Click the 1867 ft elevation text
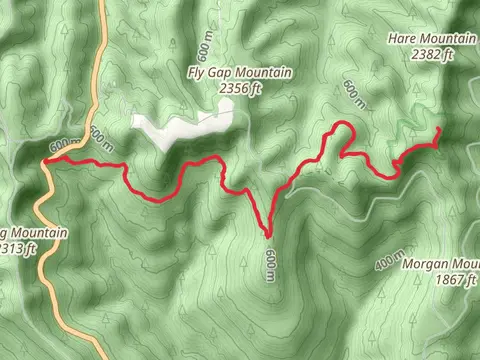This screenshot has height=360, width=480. [x=456, y=281]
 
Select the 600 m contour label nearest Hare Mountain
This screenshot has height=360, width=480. [x=352, y=90]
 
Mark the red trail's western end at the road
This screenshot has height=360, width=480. [x=46, y=159]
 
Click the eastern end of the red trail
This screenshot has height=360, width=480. [x=440, y=131]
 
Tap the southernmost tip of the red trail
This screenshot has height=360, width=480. [x=269, y=237]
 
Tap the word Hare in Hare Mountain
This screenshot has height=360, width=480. [x=403, y=39]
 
